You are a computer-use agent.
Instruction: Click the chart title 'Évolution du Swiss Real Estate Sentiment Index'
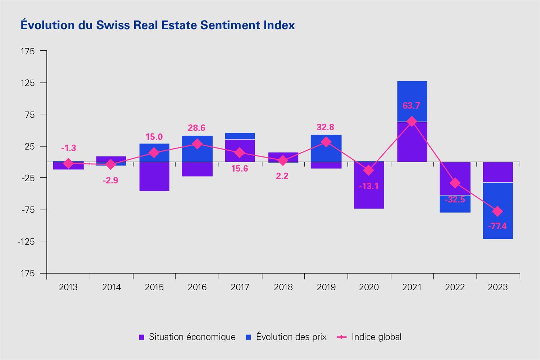(x=158, y=25)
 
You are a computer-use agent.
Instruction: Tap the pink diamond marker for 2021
(x=412, y=122)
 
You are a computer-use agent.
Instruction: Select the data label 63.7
(x=411, y=105)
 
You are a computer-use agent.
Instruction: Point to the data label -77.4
(x=497, y=226)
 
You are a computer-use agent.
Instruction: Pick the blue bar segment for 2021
(x=412, y=101)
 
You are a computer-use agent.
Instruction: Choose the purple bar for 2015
(x=154, y=176)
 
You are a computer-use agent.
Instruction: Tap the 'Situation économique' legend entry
(x=187, y=337)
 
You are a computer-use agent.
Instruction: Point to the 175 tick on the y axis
(x=28, y=51)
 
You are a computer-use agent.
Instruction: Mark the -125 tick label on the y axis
(x=26, y=241)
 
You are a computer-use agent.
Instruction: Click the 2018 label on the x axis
(x=283, y=287)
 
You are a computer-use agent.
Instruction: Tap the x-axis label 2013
(x=68, y=287)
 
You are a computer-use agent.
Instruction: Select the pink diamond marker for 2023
(x=498, y=211)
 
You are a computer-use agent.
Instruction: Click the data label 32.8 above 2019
(x=325, y=127)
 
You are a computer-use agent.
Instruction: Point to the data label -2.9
(x=110, y=180)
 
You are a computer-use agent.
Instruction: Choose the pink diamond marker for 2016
(x=197, y=144)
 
